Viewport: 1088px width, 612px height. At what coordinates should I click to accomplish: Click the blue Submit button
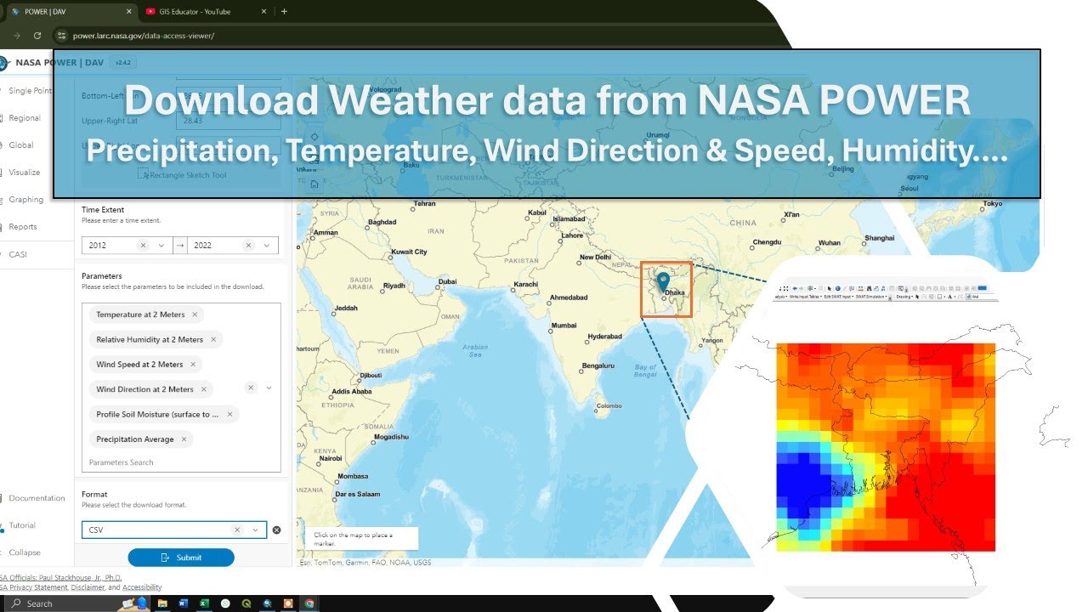click(x=181, y=558)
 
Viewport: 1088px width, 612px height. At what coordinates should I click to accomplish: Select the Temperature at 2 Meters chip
click(x=140, y=314)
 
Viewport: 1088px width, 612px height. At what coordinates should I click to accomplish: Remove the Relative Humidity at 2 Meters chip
click(x=213, y=339)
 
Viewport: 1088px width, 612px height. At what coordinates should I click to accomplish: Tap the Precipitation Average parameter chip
click(x=134, y=439)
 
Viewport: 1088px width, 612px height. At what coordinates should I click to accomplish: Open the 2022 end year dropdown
click(x=267, y=245)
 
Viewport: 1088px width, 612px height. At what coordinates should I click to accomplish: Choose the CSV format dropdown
click(x=161, y=530)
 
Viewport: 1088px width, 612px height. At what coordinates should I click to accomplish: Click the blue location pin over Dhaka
click(x=664, y=281)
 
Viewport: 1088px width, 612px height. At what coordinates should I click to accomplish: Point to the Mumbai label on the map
click(x=564, y=326)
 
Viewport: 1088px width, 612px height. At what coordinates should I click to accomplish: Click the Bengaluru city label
click(x=598, y=366)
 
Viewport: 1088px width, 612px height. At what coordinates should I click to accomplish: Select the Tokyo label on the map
click(x=992, y=204)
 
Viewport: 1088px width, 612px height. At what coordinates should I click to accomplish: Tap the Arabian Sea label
click(x=475, y=350)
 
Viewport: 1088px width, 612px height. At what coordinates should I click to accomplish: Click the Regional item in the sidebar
click(x=25, y=118)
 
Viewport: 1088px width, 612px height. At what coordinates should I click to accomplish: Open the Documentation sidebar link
click(x=37, y=498)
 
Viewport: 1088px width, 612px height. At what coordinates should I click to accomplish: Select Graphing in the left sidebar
click(x=26, y=200)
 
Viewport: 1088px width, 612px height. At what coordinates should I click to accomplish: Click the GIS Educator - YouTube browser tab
click(x=200, y=12)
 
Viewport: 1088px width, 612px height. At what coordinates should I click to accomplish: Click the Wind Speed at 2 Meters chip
click(x=139, y=365)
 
